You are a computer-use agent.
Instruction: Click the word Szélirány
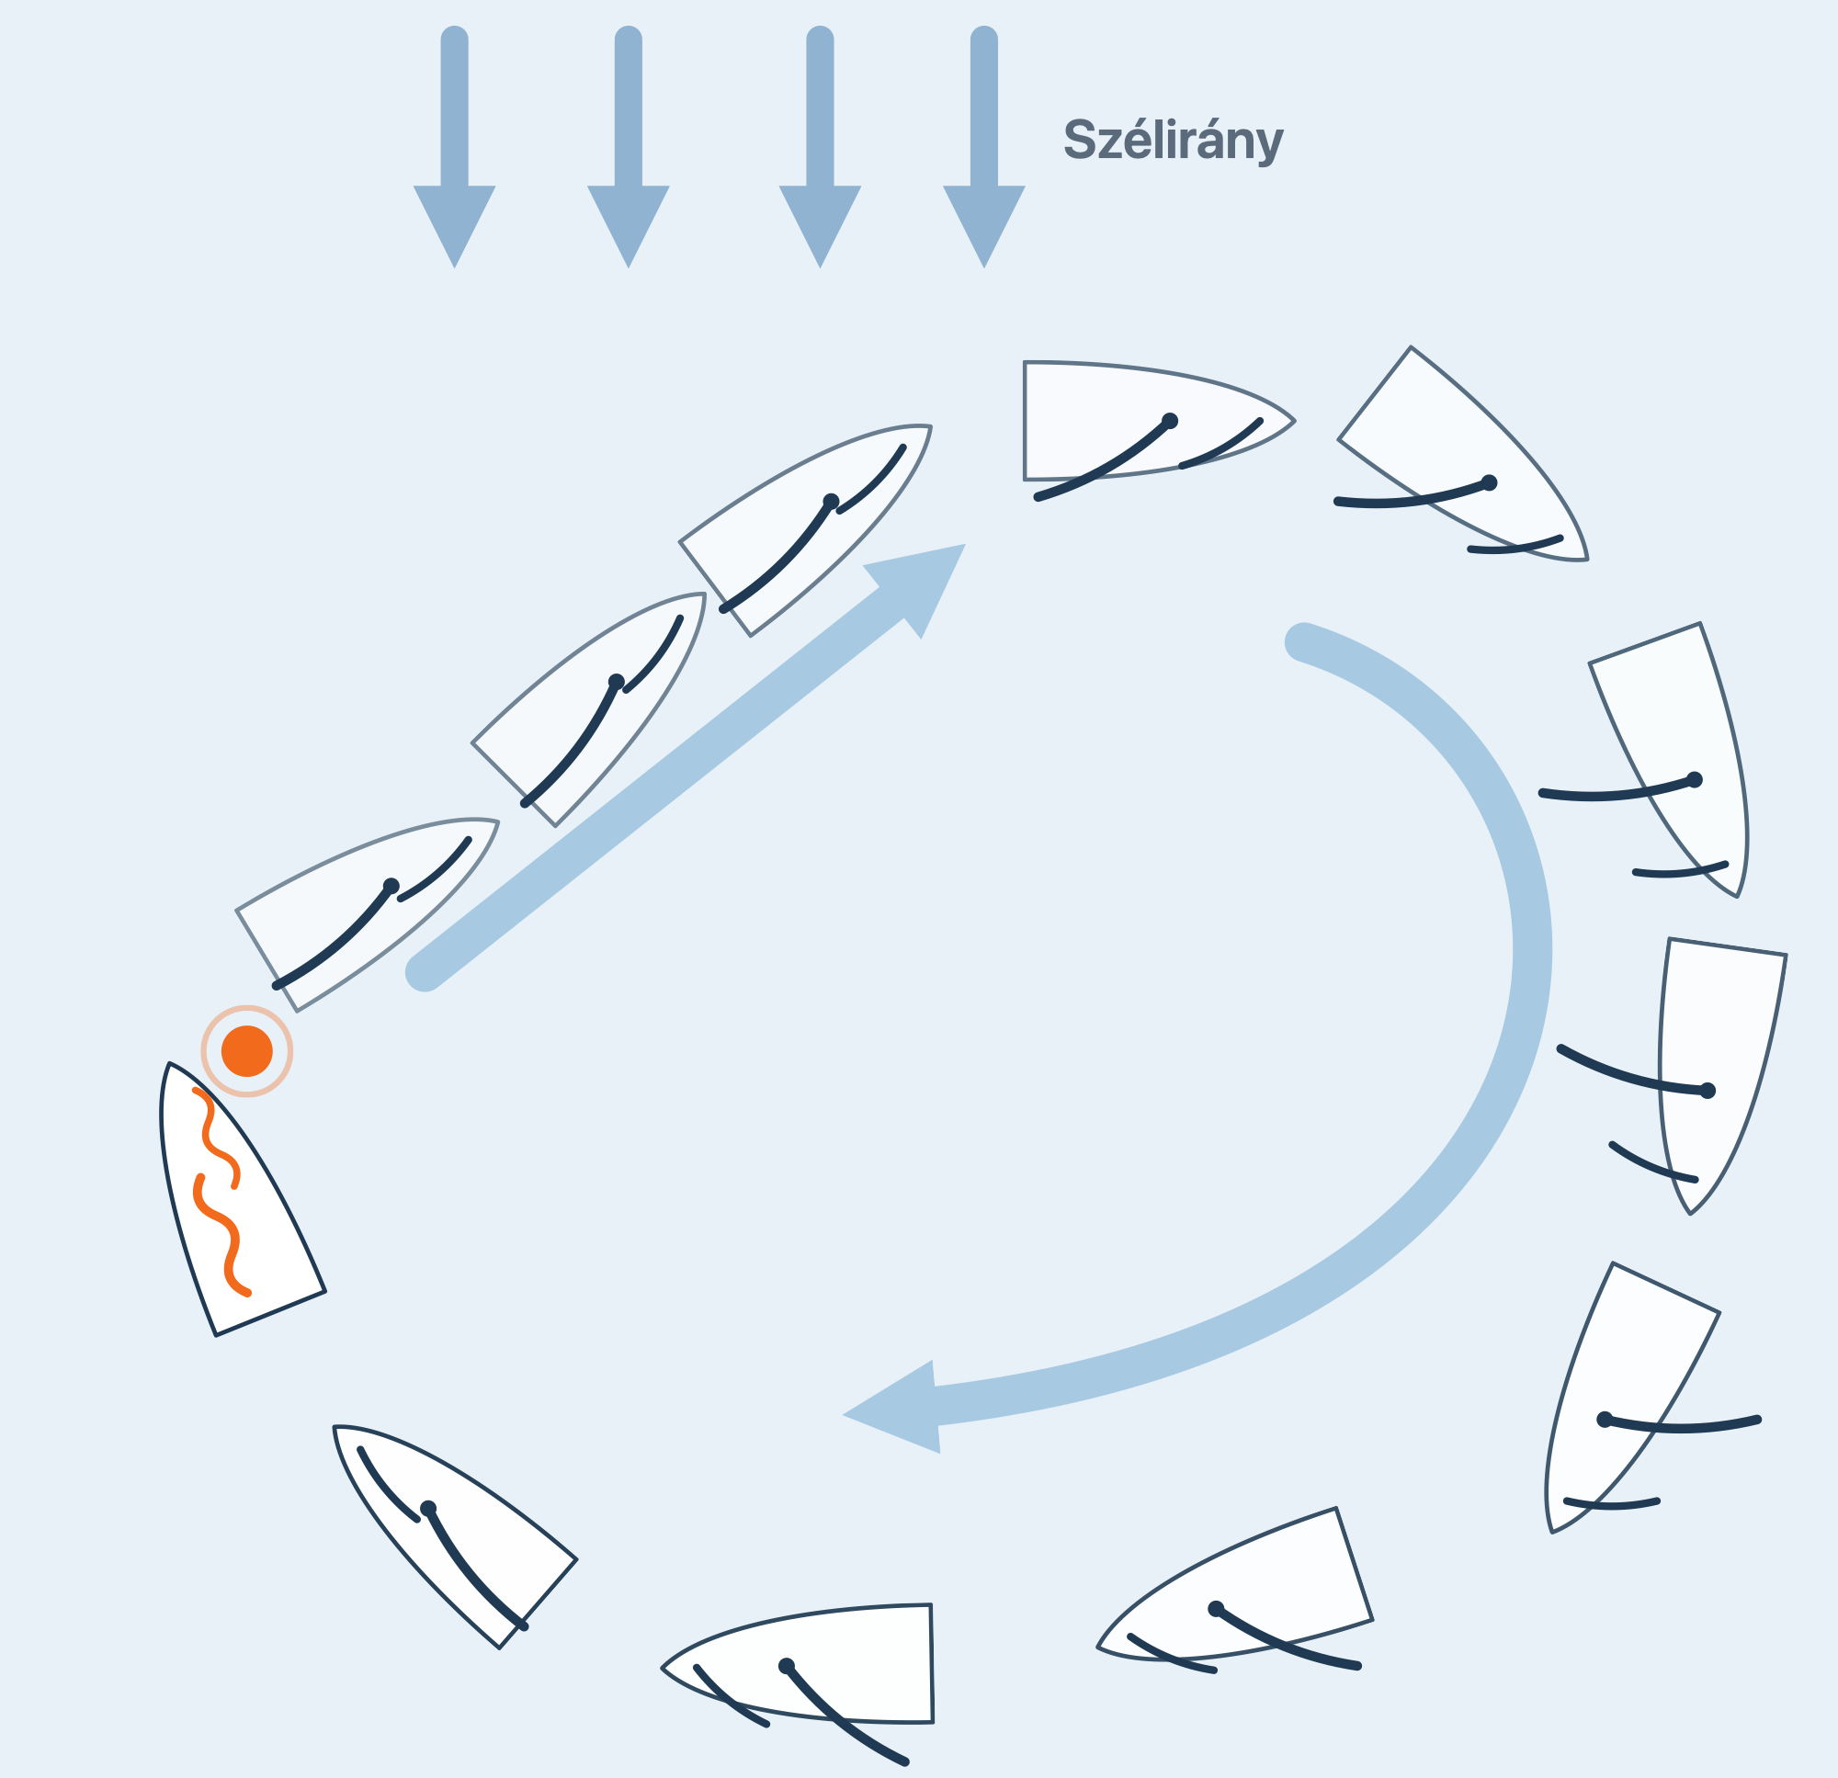(x=1173, y=140)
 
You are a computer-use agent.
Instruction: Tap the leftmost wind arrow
(x=454, y=147)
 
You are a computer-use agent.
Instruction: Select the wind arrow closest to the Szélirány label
(x=983, y=147)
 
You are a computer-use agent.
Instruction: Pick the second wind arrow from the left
(x=629, y=147)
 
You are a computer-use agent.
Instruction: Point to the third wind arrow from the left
(x=820, y=147)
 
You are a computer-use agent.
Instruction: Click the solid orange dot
(x=246, y=1051)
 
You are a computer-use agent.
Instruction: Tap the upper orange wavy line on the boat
(x=218, y=1138)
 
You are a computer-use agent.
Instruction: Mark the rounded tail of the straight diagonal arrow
(x=424, y=971)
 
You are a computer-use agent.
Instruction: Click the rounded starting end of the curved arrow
(x=1303, y=642)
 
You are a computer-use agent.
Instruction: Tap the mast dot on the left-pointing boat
(x=787, y=1666)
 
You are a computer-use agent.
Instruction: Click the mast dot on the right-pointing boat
(x=1169, y=421)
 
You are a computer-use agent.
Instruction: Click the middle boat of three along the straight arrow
(x=589, y=709)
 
